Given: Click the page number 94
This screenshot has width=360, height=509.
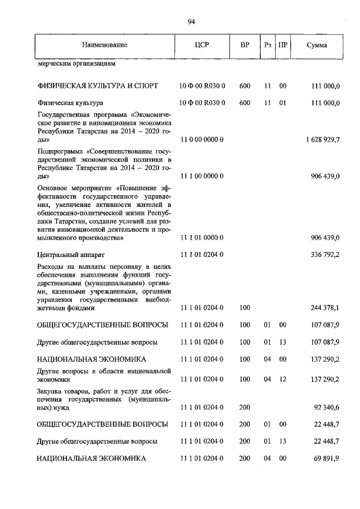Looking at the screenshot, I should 191,22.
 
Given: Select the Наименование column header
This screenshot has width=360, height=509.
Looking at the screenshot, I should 104,45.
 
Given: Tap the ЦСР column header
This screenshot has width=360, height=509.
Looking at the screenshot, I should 201,45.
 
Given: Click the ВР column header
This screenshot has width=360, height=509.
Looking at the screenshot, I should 245,45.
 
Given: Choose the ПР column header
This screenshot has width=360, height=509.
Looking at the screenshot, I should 283,45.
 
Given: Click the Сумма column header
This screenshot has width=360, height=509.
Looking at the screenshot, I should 317,45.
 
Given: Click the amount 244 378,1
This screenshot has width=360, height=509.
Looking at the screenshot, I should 323,308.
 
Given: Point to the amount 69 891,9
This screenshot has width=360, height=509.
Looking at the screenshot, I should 325,459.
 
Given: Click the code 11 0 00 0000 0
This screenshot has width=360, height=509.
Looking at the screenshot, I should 201,139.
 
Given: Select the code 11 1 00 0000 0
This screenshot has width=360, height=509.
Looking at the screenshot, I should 201,176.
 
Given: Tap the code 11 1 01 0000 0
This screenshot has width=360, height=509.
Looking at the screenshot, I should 201,238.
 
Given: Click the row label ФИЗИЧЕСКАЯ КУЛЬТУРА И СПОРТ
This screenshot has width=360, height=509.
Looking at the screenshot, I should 97,86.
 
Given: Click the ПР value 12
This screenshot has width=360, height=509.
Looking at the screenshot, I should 283,380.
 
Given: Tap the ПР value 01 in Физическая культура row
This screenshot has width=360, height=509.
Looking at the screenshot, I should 283,103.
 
